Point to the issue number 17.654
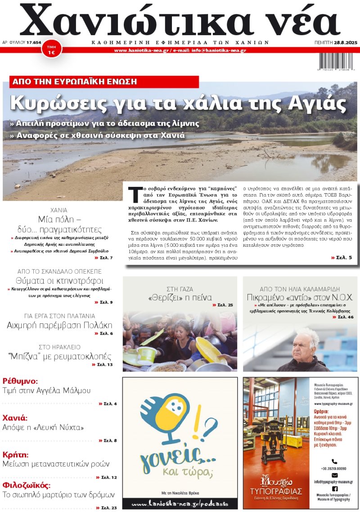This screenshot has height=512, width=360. (x=34, y=42)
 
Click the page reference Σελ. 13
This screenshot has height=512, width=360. (x=104, y=364)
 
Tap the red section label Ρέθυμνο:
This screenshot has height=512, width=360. (x=20, y=381)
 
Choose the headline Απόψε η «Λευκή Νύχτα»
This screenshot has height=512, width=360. (x=43, y=427)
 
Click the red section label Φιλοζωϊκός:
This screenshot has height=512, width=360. (x=27, y=485)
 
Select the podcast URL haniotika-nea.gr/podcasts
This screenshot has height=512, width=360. (x=180, y=503)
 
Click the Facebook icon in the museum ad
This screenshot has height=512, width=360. (x=334, y=488)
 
